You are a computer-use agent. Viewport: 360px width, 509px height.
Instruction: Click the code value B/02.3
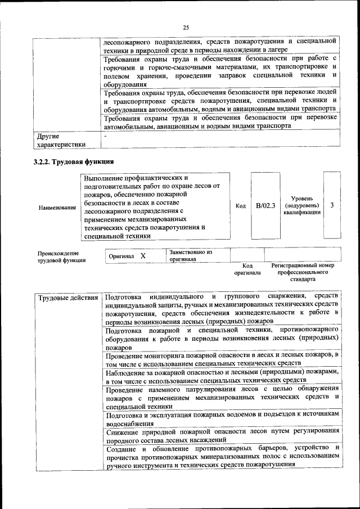265,206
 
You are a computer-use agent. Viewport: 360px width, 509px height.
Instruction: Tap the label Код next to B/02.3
241,206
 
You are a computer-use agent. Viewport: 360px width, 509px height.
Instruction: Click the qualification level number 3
332,205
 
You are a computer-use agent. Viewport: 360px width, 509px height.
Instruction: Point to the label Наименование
57,208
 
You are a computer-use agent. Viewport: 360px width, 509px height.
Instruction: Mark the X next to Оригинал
143,256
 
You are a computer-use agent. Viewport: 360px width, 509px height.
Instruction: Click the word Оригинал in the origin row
121,256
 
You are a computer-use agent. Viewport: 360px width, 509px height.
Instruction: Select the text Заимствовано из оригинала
190,256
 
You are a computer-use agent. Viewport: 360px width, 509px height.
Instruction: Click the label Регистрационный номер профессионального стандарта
303,272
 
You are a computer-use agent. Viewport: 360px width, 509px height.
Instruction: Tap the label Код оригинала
247,269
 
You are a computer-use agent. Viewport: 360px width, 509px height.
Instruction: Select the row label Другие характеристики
61,140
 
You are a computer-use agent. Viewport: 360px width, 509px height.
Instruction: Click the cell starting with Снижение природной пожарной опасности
222,435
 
